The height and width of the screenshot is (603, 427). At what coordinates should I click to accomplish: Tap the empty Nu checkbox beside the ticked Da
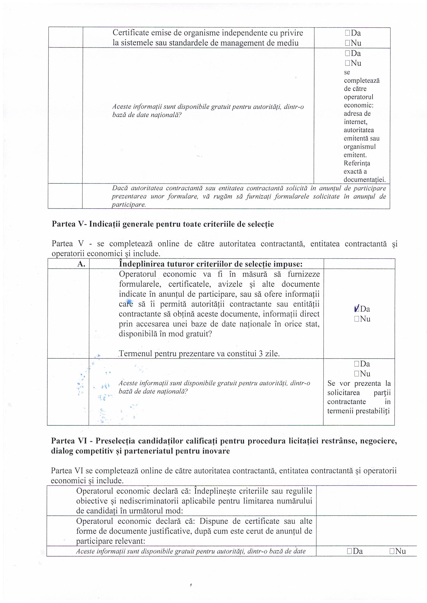pyautogui.click(x=356, y=319)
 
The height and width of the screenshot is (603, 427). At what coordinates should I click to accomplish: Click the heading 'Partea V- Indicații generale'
pyautogui.click(x=162, y=224)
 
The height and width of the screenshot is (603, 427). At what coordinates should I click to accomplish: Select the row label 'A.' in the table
pyautogui.click(x=81, y=264)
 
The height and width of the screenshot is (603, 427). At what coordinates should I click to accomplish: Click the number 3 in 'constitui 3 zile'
pyautogui.click(x=261, y=354)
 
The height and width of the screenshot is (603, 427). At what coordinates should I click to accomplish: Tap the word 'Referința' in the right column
pyautogui.click(x=357, y=163)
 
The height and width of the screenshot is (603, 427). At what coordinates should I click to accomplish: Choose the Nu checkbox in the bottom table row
pyautogui.click(x=392, y=551)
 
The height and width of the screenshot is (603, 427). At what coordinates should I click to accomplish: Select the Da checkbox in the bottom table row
pyautogui.click(x=349, y=551)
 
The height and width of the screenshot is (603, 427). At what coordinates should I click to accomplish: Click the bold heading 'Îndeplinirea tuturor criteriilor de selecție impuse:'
pyautogui.click(x=211, y=264)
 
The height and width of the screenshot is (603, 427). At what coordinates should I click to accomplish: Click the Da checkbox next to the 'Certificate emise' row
pyautogui.click(x=347, y=33)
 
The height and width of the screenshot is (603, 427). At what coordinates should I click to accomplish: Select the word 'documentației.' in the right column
pyautogui.click(x=365, y=180)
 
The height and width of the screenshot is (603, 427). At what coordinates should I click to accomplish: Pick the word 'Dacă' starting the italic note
pyautogui.click(x=120, y=188)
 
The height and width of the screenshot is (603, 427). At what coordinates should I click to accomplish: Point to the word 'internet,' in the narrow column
pyautogui.click(x=355, y=122)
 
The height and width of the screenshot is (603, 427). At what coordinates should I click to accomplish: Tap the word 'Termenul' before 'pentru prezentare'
pyautogui.click(x=136, y=354)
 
